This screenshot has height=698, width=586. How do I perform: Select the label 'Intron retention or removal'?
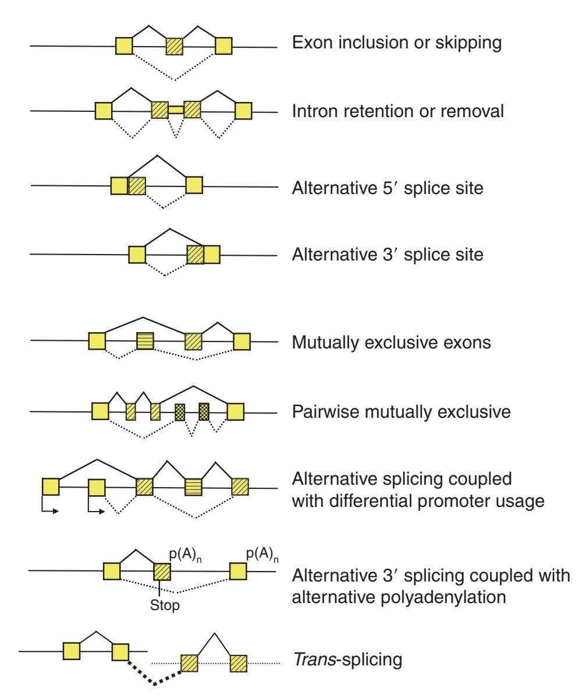coord(397,111)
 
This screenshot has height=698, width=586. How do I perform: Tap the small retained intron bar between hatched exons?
coord(176,110)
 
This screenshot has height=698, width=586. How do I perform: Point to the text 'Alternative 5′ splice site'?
coord(387,189)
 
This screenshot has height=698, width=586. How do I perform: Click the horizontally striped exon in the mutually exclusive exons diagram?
coord(145,341)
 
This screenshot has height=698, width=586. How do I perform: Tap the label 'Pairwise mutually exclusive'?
coord(400,413)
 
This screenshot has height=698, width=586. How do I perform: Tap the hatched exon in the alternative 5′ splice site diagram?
coord(137,186)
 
